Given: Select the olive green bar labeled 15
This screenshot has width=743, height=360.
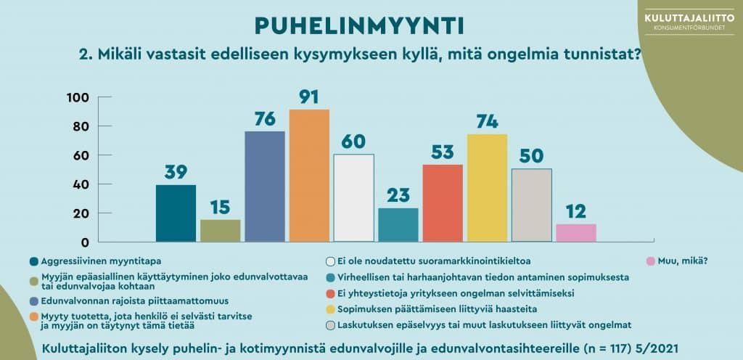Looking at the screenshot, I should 220,230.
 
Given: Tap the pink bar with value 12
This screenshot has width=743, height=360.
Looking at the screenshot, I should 576,232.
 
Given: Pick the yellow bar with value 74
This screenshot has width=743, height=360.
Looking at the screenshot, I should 487,187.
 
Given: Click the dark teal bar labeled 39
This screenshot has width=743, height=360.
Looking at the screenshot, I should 176,213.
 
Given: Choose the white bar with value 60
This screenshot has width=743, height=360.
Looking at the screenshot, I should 353,197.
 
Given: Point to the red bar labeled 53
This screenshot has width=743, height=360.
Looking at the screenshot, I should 443,202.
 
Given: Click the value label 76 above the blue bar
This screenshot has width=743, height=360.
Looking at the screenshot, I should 264,118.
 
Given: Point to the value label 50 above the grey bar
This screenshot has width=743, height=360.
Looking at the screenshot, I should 532,156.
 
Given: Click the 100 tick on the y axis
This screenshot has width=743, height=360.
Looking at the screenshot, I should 78,97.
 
